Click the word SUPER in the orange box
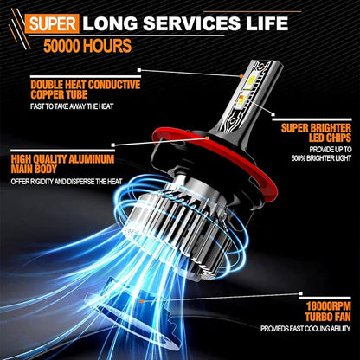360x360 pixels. pos(52,24)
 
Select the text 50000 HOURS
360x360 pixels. pos(87,46)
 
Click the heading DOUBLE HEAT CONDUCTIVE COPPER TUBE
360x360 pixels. pos(86,90)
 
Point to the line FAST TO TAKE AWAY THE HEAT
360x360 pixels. pos(72,106)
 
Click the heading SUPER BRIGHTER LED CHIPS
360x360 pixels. pos(316,132)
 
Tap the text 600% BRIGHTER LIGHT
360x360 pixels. pos(321,158)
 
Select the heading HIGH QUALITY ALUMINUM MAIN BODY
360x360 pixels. pos(62,164)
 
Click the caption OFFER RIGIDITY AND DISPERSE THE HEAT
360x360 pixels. pos(67,182)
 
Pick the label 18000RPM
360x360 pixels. pos(329,306)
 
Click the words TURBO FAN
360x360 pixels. pos(328,317)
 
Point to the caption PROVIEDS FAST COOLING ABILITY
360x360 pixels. pos(305,329)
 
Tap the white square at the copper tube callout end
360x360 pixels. pos(139,70)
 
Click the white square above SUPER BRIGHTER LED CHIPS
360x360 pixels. pos(273,114)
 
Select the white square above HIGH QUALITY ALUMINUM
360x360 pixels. pos(112,145)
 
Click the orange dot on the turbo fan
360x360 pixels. pos(142,301)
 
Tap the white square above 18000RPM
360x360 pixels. pos(300,294)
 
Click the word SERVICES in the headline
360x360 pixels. pos(191,23)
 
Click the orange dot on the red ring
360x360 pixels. pos(207,138)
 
